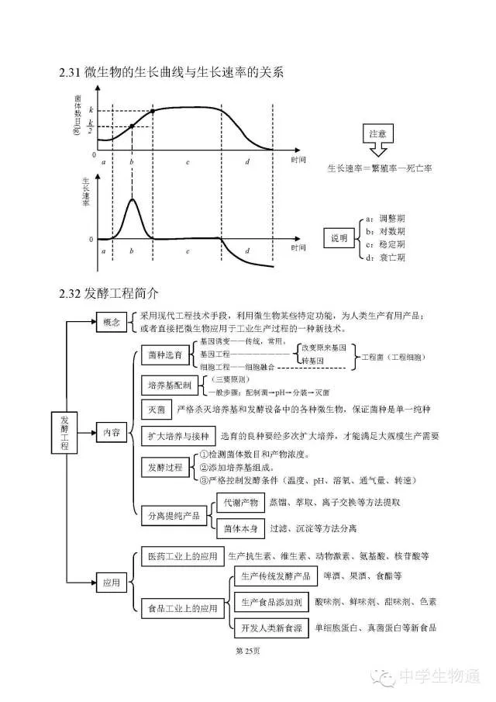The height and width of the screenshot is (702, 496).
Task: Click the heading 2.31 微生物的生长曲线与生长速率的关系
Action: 171,73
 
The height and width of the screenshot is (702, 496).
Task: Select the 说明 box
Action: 339,237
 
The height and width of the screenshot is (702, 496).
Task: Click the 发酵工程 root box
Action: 65,431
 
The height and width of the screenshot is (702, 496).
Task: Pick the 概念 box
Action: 109,323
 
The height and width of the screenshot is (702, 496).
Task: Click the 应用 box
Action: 109,581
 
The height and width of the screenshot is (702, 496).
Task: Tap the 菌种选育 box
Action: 165,354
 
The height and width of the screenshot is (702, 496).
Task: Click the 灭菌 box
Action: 156,409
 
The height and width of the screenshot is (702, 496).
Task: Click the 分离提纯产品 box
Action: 174,514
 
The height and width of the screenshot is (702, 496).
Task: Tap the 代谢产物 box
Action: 238,503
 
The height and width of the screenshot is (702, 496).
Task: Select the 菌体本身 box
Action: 238,527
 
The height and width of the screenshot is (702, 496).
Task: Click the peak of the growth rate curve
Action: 132,199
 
